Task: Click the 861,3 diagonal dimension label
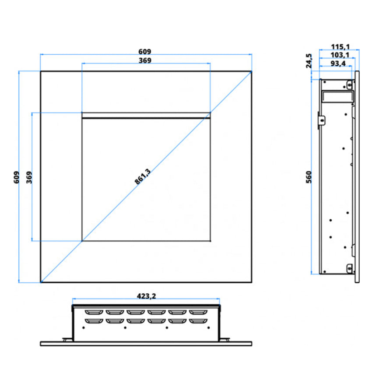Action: click(143, 176)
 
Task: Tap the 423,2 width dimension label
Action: click(146, 296)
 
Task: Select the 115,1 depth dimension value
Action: click(340, 47)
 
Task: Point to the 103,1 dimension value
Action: click(340, 55)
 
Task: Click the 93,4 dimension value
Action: click(338, 63)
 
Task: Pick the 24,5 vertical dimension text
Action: click(309, 61)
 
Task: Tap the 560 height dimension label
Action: click(309, 177)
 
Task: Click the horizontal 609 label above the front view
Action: click(145, 52)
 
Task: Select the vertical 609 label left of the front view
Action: click(16, 177)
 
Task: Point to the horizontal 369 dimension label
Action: click(145, 60)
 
